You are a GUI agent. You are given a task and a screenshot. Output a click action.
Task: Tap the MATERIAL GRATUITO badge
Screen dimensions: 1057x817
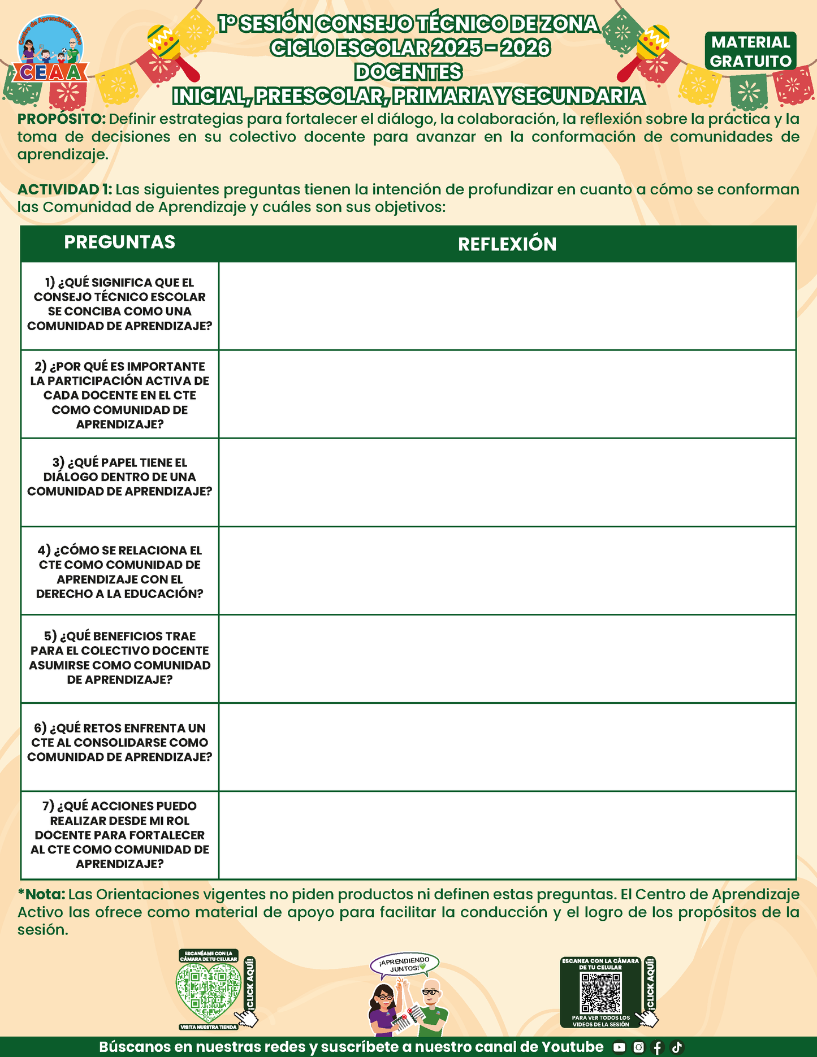(750, 51)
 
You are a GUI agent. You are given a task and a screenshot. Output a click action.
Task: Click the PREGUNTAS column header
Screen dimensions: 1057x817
(119, 242)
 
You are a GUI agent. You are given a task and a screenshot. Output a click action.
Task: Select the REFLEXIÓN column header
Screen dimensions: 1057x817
(507, 244)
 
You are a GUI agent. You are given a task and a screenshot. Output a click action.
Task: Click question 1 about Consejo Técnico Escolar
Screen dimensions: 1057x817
(119, 304)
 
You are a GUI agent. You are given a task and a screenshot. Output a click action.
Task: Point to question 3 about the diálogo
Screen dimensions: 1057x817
(119, 477)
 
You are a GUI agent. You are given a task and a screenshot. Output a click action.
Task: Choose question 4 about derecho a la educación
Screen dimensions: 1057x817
(119, 571)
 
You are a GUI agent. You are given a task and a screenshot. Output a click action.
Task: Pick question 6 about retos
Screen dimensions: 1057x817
(119, 742)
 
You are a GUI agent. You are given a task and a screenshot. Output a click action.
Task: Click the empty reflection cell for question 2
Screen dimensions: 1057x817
(507, 394)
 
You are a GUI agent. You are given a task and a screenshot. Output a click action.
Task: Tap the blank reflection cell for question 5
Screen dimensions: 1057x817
(507, 659)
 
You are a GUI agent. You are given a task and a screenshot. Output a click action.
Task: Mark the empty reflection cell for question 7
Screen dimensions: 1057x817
(507, 835)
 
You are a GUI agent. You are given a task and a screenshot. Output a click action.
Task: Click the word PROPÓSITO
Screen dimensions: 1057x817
(61, 119)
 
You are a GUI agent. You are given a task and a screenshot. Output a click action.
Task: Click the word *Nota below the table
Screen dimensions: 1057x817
(42, 895)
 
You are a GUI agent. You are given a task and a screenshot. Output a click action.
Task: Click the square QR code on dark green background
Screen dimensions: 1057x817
(601, 993)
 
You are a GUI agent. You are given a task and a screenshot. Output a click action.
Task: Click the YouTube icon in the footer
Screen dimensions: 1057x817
(619, 1047)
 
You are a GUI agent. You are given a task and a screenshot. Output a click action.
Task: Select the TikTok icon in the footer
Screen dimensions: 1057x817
(677, 1047)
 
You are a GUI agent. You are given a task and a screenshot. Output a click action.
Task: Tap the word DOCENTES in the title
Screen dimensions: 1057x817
(408, 72)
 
